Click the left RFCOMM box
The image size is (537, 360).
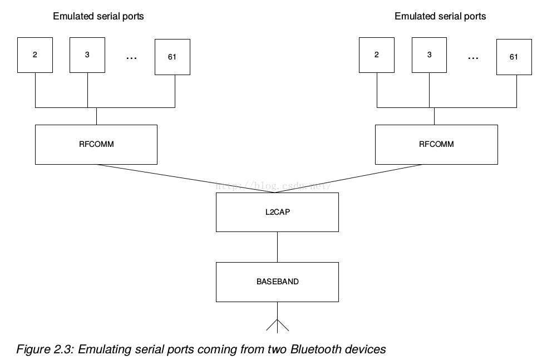[x=96, y=145]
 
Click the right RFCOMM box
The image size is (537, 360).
[x=436, y=145]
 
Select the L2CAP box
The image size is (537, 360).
[x=278, y=213]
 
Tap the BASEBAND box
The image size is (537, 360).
[x=278, y=282]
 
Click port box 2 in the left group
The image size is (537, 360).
[x=35, y=55]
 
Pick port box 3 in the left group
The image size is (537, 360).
[x=87, y=55]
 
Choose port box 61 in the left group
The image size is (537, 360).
[x=173, y=57]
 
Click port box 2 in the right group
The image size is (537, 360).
[x=377, y=55]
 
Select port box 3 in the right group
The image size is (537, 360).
[x=429, y=55]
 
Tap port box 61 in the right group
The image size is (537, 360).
[x=514, y=57]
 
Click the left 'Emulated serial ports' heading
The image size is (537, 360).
[x=98, y=16]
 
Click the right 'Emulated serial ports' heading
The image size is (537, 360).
[x=440, y=16]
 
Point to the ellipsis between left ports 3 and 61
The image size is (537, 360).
[x=131, y=58]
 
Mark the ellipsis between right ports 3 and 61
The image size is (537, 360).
[x=473, y=58]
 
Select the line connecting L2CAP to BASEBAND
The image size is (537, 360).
[x=278, y=247]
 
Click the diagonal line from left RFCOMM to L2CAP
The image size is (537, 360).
[x=186, y=179]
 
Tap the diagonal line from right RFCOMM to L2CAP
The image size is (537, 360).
[x=349, y=179]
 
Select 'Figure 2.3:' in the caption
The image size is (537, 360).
[x=45, y=349]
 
